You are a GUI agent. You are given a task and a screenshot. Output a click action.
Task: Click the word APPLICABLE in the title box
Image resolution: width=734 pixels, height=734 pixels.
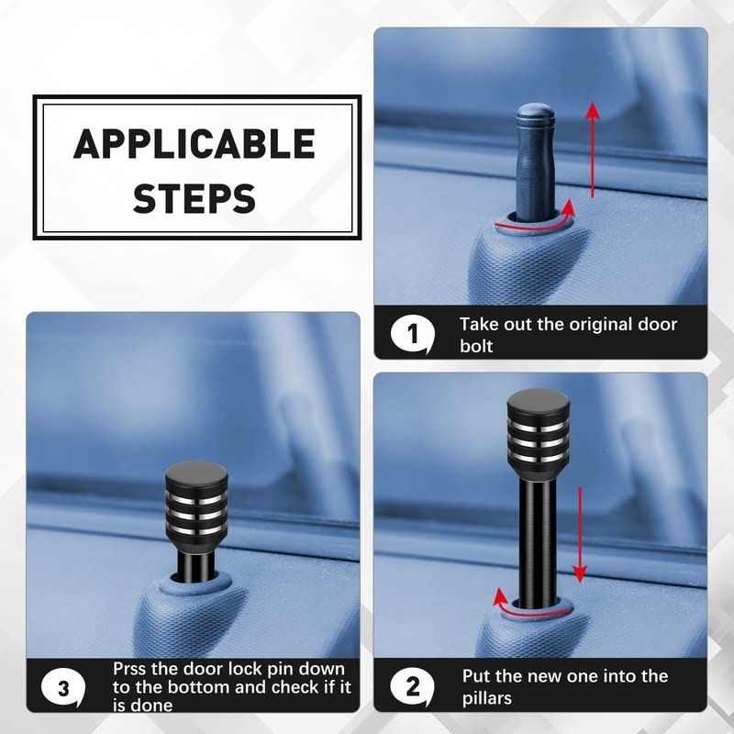click(x=195, y=143)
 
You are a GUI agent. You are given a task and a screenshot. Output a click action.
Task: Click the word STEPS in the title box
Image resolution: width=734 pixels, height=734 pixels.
click(x=195, y=198)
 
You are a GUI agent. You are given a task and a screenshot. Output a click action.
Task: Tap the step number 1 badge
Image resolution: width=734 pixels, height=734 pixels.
click(x=412, y=334)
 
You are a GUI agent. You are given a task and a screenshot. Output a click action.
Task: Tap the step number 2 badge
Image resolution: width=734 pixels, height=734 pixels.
click(x=412, y=687)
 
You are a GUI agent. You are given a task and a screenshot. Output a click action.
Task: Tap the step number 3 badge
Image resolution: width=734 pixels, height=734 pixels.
click(x=63, y=688)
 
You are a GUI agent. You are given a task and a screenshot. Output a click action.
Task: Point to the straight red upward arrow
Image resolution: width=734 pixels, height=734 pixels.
click(x=593, y=150)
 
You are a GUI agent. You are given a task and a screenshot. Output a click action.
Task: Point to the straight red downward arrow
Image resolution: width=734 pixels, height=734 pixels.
click(x=580, y=534)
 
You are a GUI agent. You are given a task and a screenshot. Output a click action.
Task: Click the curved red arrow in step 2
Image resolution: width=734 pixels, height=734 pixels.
click(x=529, y=611)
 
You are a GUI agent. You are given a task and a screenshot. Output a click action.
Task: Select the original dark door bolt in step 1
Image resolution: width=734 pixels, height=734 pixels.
click(x=535, y=163)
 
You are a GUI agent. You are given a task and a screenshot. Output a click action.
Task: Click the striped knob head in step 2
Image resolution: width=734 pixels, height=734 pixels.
click(x=539, y=428)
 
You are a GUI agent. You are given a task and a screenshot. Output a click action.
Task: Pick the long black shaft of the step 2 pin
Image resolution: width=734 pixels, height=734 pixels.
click(x=538, y=539)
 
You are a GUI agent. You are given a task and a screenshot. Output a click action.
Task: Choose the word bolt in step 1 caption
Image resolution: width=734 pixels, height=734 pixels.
click(x=476, y=346)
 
